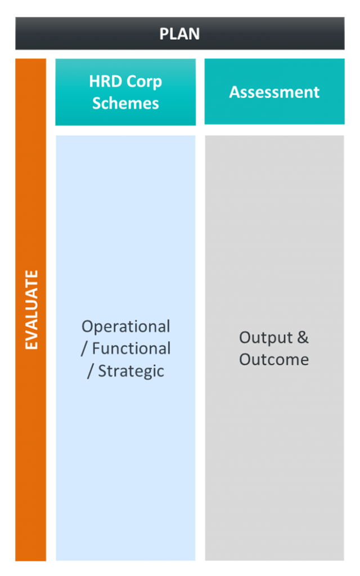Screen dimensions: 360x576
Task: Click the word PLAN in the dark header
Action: point(179,34)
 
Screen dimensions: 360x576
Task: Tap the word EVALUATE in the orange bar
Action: point(31,310)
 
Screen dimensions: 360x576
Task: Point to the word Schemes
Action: point(125,103)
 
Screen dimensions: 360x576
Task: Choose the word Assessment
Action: point(274,92)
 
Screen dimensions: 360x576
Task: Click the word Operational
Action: point(126,327)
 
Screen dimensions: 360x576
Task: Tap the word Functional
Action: point(131,348)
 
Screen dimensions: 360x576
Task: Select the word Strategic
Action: point(131,371)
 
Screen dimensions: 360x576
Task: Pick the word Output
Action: point(266,338)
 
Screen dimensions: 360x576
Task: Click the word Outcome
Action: point(274,359)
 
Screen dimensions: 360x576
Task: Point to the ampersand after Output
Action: point(303,337)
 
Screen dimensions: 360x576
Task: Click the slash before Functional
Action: point(84,349)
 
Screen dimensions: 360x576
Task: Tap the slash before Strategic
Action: point(91,371)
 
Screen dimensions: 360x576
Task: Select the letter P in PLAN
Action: point(164,34)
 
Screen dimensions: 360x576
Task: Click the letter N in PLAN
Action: point(194,34)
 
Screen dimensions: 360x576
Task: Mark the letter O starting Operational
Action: point(87,327)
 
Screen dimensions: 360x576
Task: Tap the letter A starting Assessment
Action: point(235,92)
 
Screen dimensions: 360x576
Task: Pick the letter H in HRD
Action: point(94,81)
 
